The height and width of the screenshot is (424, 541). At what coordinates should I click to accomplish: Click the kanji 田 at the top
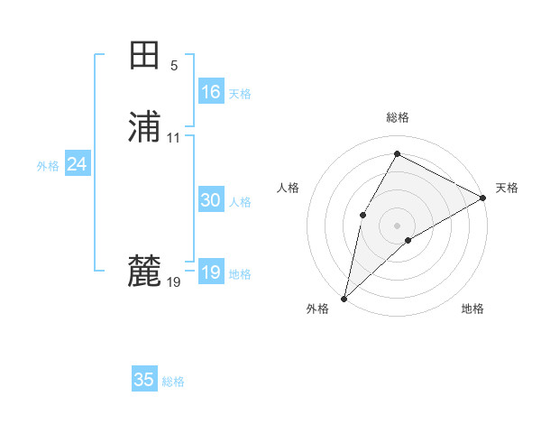(x=144, y=56)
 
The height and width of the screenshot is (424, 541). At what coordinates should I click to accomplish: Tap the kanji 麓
(x=144, y=271)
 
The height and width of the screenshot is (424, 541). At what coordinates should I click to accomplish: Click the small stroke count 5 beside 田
(x=174, y=66)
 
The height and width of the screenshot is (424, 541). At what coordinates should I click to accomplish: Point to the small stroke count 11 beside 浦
(x=174, y=138)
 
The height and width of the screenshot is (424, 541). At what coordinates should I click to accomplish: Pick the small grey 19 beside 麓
(x=174, y=282)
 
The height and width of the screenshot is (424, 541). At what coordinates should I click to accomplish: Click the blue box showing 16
(x=211, y=92)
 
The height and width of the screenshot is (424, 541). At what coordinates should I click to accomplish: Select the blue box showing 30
(x=211, y=201)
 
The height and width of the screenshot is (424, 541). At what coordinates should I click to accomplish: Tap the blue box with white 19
(x=211, y=273)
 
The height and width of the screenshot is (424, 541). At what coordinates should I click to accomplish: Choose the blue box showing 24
(x=78, y=165)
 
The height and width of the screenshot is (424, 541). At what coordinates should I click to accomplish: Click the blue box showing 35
(x=144, y=380)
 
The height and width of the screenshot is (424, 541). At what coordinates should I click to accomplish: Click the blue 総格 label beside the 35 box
(x=173, y=382)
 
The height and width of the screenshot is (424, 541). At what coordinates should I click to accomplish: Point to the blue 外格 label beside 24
(x=48, y=166)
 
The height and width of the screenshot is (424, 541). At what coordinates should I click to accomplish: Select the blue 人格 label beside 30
(x=241, y=202)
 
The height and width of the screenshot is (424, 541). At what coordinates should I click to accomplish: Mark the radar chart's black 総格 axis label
(x=398, y=117)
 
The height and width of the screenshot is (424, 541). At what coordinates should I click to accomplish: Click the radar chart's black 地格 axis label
(x=472, y=309)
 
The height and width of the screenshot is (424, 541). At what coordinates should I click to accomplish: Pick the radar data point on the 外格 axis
(x=344, y=299)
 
